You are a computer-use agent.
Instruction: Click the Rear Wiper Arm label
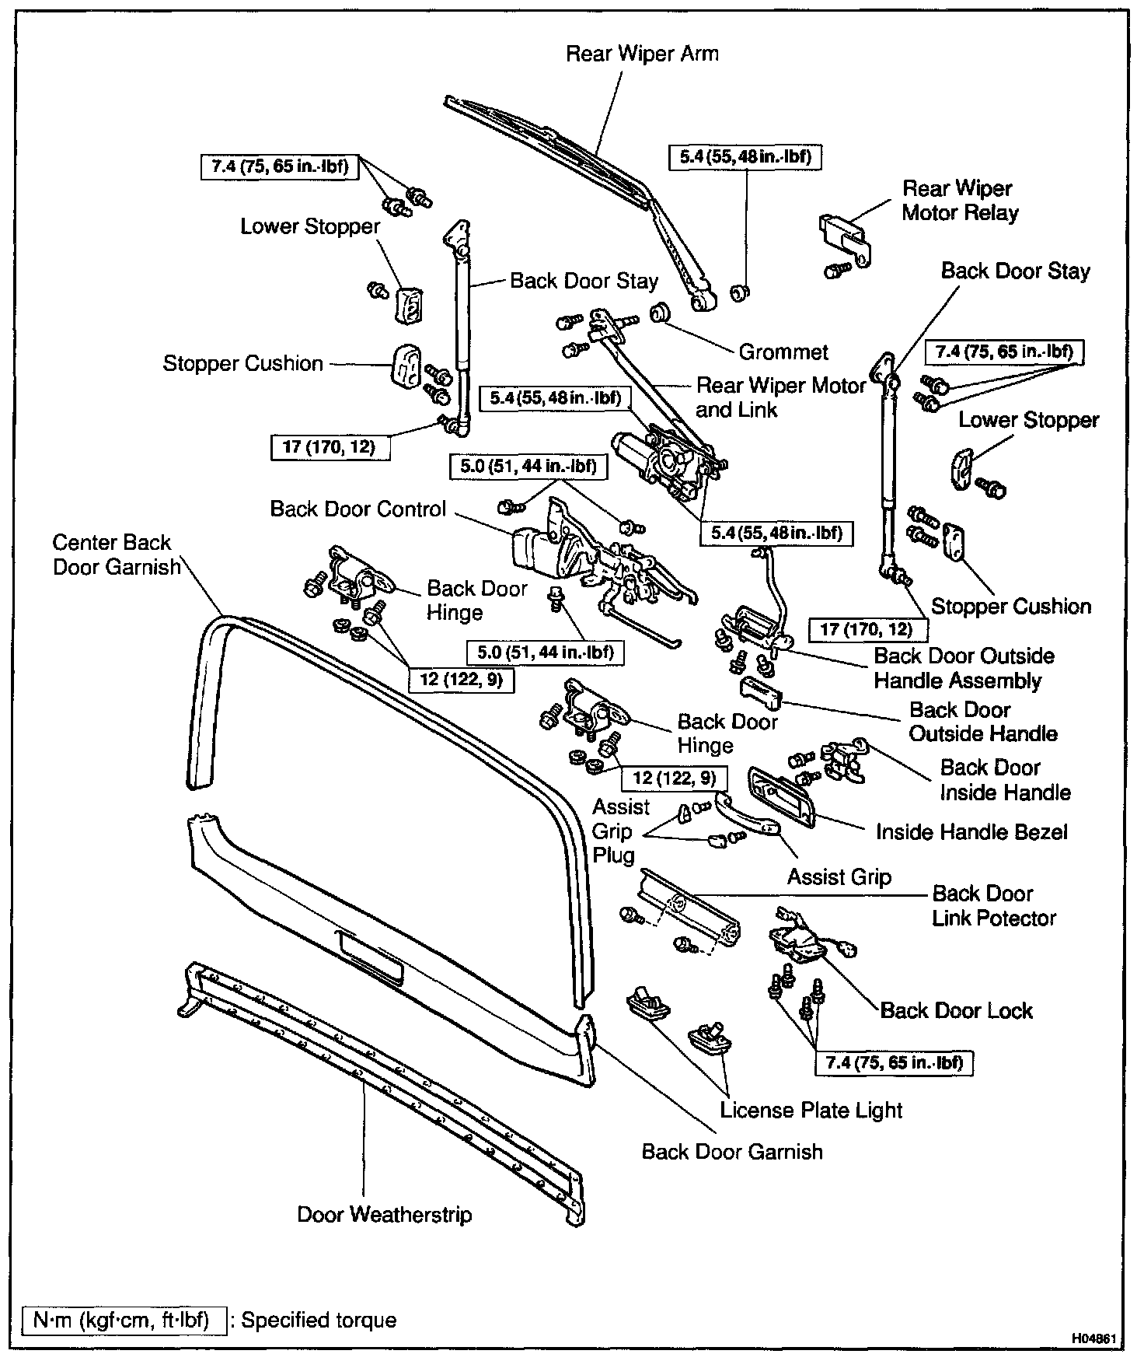pos(642,54)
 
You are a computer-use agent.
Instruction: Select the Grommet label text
pos(783,352)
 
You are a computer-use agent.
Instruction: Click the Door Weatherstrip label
pos(385,1214)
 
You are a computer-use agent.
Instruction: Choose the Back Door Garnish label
pos(731,1151)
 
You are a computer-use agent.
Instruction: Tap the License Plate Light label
pos(811,1110)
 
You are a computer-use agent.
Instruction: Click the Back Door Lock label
pos(956,1010)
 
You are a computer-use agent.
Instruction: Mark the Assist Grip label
pos(839,877)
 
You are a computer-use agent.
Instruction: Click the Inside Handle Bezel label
pos(971,832)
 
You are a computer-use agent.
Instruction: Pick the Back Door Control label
pos(358,509)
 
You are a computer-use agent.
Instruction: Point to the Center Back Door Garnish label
pos(116,555)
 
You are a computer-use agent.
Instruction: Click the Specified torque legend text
pos(319,1320)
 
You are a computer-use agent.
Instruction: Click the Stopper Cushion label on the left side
pos(242,363)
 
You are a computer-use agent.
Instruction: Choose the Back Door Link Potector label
pos(993,905)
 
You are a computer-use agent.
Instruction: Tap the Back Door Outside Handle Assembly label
pos(964,668)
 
